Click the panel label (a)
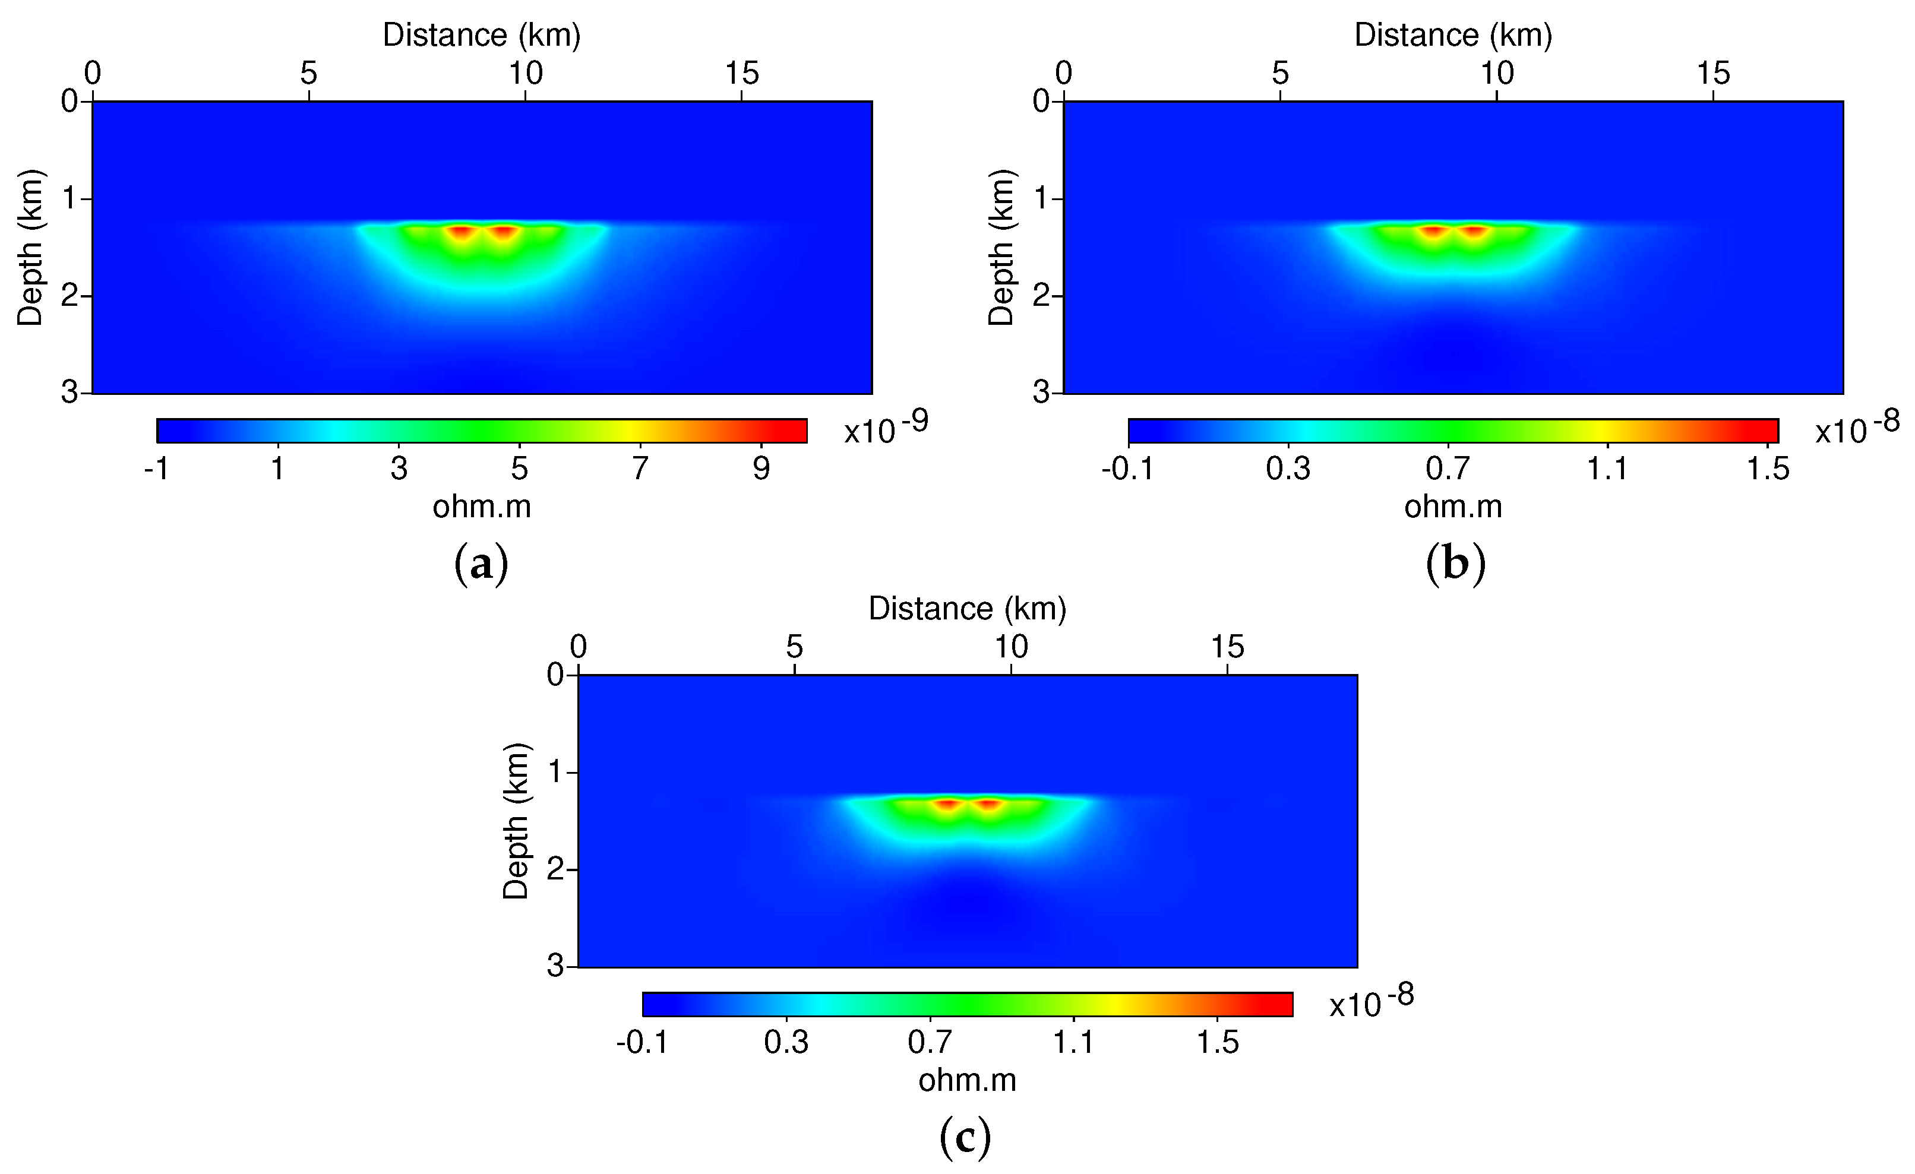(481, 564)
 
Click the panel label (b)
(1455, 564)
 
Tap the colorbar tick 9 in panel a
(761, 469)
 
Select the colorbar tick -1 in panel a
(156, 469)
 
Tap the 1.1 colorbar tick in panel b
(1607, 469)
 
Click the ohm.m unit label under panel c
(967, 1080)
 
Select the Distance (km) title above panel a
(481, 35)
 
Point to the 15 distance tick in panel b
(1713, 74)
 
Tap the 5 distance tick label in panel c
(794, 647)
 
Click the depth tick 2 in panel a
(70, 296)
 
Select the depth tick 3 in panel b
(1041, 393)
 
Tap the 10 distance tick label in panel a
(526, 74)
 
